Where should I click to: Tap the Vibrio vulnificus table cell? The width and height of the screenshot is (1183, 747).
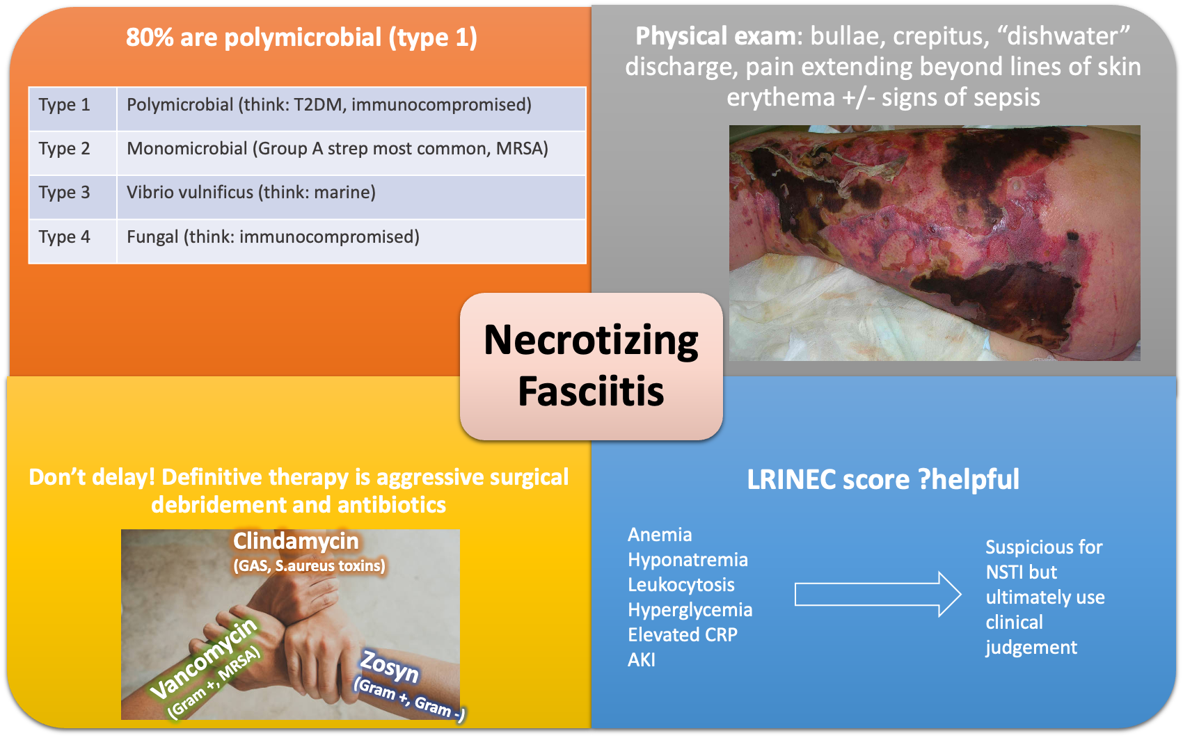pyautogui.click(x=251, y=193)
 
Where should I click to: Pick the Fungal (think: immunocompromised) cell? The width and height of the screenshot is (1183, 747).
pyautogui.click(x=273, y=237)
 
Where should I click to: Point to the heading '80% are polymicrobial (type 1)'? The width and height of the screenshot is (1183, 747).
pyautogui.click(x=301, y=38)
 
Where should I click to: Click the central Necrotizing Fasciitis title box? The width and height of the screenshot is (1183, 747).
pyautogui.click(x=591, y=367)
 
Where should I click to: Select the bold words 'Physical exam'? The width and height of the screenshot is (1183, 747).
pyautogui.click(x=715, y=36)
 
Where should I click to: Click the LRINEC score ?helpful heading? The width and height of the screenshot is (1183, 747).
pyautogui.click(x=882, y=479)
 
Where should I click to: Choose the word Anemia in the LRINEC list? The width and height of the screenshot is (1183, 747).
pyautogui.click(x=660, y=535)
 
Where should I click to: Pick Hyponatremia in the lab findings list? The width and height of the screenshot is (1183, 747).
pyautogui.click(x=688, y=560)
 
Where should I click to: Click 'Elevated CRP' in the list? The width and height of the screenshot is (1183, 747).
pyautogui.click(x=682, y=635)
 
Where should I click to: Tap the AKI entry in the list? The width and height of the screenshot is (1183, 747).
pyautogui.click(x=641, y=660)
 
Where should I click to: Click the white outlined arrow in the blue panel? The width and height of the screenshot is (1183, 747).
pyautogui.click(x=878, y=595)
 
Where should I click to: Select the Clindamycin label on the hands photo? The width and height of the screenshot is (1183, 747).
pyautogui.click(x=296, y=541)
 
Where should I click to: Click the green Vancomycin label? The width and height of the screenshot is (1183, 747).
pyautogui.click(x=204, y=657)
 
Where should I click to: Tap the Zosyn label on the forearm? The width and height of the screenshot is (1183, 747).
pyautogui.click(x=389, y=666)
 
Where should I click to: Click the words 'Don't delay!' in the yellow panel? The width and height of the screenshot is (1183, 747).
pyautogui.click(x=92, y=478)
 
